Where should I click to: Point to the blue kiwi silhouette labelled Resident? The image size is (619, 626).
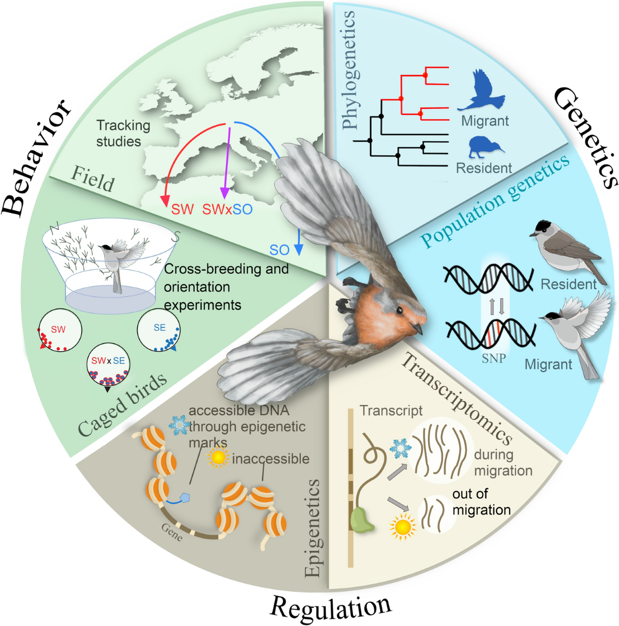pos(485,146)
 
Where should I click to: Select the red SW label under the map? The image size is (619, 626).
pos(182,209)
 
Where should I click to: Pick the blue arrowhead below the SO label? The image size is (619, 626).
pos(298,249)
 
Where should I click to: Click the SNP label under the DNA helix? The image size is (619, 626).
pos(494,358)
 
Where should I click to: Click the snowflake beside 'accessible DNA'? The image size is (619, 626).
pos(180,424)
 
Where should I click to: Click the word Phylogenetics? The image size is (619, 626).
pos(349,70)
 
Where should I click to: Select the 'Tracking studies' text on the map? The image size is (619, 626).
pos(123,133)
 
